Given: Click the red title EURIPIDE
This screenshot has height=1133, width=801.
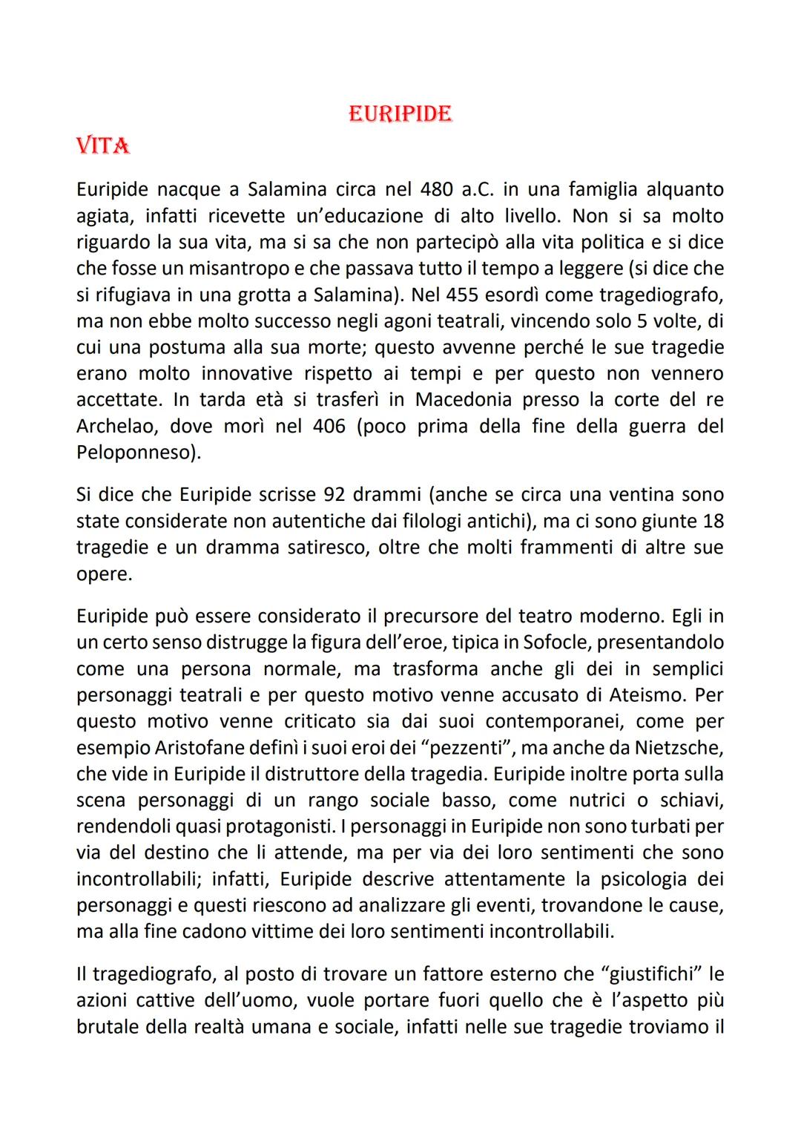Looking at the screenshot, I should pyautogui.click(x=400, y=114).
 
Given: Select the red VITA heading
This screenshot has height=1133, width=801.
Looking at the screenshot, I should pyautogui.click(x=103, y=146).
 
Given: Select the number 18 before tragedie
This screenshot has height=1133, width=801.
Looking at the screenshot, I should pyautogui.click(x=710, y=521).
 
